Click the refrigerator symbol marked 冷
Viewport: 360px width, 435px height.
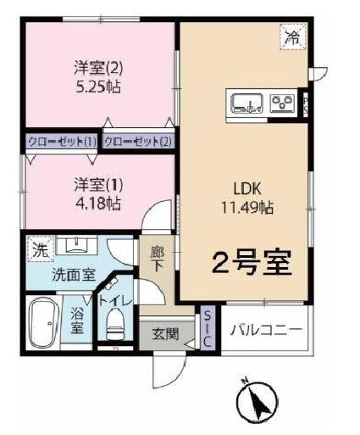click(292, 36)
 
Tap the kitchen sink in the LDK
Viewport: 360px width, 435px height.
click(247, 103)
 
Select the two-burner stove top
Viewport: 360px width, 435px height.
click(280, 104)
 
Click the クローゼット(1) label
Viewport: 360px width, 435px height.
click(62, 141)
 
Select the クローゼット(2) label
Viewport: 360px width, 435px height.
click(138, 141)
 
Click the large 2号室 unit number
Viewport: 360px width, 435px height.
click(252, 263)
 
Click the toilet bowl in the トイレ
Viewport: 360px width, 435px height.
click(115, 324)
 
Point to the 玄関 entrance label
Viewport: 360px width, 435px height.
click(165, 333)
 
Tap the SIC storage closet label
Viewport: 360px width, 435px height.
click(208, 326)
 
